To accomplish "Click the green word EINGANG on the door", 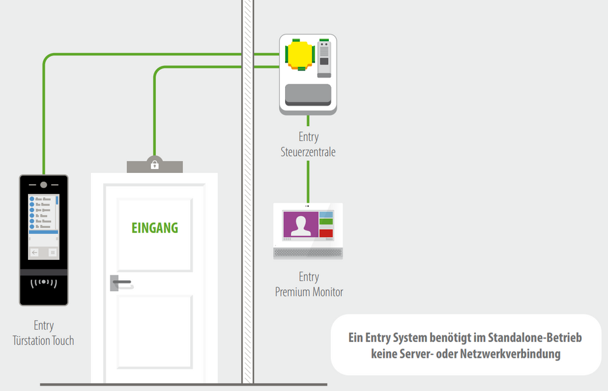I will pos(154,228).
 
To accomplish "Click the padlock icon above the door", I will pos(154,164).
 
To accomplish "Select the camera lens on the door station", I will pos(43,185).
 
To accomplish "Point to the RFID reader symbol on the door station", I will pos(44,283).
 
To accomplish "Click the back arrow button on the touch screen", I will pos(35,252).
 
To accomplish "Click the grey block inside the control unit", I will pos(309,94).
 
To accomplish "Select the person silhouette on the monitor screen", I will pos(301,225).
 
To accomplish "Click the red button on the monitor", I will pos(326,233).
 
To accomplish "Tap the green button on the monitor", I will pos(326,223).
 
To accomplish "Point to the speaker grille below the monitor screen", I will pos(308,252).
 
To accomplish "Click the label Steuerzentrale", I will pos(308,152).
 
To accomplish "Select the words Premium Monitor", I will pos(309,292).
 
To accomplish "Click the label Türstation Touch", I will pos(44,340).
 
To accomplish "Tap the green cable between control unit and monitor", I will pos(309,176).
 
